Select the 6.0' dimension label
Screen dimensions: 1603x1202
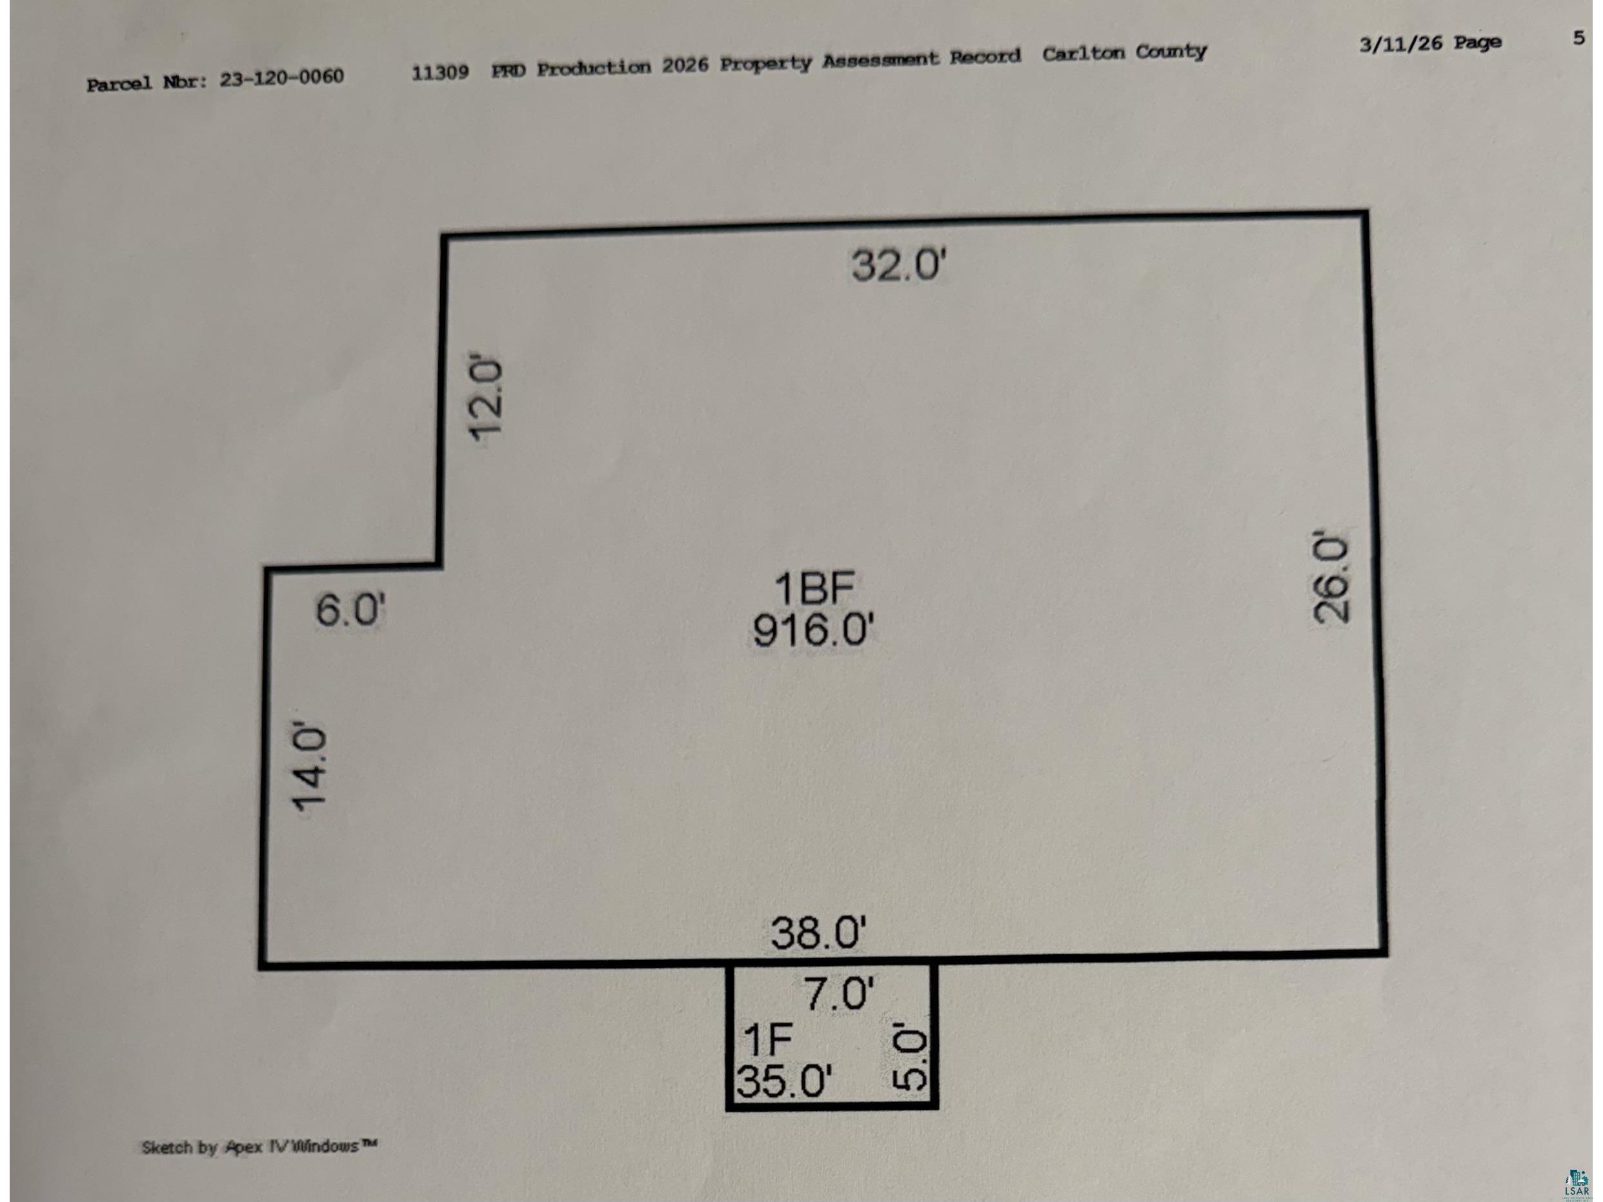pyautogui.click(x=350, y=608)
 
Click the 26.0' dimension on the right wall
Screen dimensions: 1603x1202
pyautogui.click(x=1332, y=577)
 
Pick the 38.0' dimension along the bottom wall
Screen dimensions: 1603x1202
pyautogui.click(x=818, y=932)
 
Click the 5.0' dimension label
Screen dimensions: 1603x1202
pyautogui.click(x=909, y=1056)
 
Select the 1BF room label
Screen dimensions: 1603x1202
pyautogui.click(x=814, y=588)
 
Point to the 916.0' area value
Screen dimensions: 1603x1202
pyautogui.click(x=813, y=629)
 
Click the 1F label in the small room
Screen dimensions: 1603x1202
pyautogui.click(x=768, y=1039)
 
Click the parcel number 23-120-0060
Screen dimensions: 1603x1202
pyautogui.click(x=282, y=77)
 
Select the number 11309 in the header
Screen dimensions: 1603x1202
pyautogui.click(x=440, y=72)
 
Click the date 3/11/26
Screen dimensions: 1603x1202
pyautogui.click(x=1401, y=43)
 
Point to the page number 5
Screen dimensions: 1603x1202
pyautogui.click(x=1579, y=37)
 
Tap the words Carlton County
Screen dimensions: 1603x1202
pyautogui.click(x=1125, y=52)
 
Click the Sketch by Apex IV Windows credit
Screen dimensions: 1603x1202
pyautogui.click(x=259, y=1147)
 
